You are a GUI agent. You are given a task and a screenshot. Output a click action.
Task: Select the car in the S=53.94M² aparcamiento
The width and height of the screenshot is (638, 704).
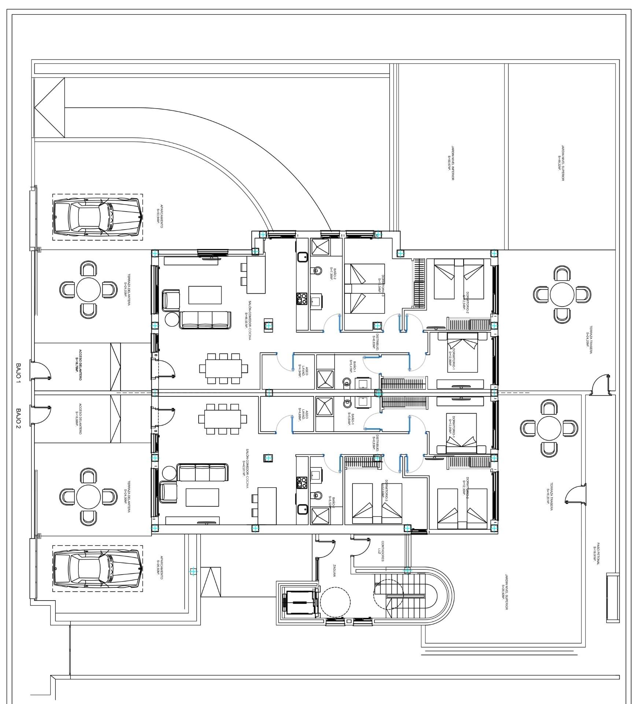coord(97,217)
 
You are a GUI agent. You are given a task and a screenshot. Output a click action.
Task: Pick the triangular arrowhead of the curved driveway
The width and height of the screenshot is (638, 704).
coord(49,107)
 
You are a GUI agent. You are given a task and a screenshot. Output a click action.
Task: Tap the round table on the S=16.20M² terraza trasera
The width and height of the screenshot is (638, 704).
coord(549,428)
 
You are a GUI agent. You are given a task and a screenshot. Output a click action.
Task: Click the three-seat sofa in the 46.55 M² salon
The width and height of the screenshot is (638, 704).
coord(205,320)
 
